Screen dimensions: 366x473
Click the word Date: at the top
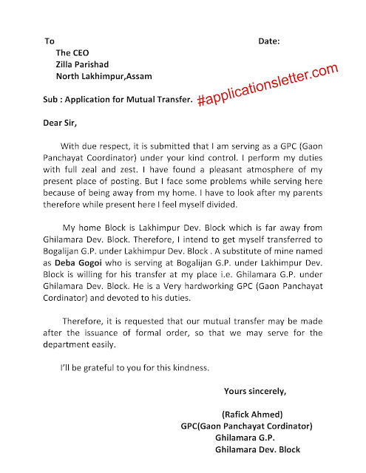[271, 41]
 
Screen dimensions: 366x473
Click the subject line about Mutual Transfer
[118, 99]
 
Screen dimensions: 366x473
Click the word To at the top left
[50, 41]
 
